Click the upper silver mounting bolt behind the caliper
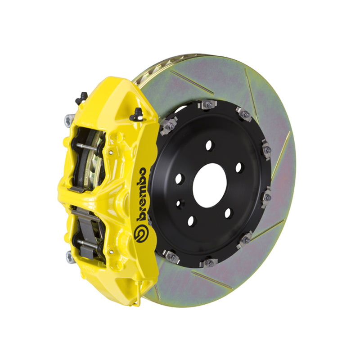point(69,120)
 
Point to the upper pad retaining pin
point(86,146)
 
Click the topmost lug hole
point(209,145)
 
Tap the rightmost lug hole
point(239,167)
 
